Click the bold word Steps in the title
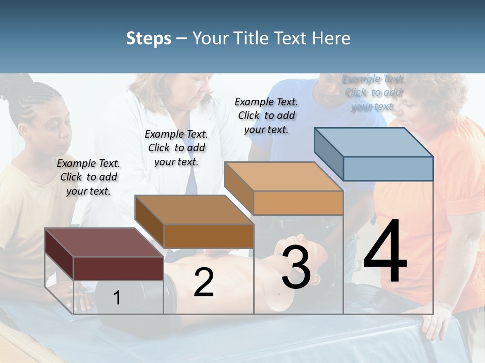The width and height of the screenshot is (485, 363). [149, 38]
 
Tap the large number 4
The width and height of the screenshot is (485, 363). [385, 252]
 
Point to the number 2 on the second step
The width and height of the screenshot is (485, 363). [204, 282]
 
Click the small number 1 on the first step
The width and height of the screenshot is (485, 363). [117, 298]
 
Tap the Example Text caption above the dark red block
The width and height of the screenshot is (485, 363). [88, 177]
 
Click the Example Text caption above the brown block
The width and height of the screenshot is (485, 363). [176, 148]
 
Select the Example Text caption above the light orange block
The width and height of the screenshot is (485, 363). [266, 115]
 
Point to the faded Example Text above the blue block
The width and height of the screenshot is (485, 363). [373, 92]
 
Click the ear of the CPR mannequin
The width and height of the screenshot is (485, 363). [316, 279]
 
